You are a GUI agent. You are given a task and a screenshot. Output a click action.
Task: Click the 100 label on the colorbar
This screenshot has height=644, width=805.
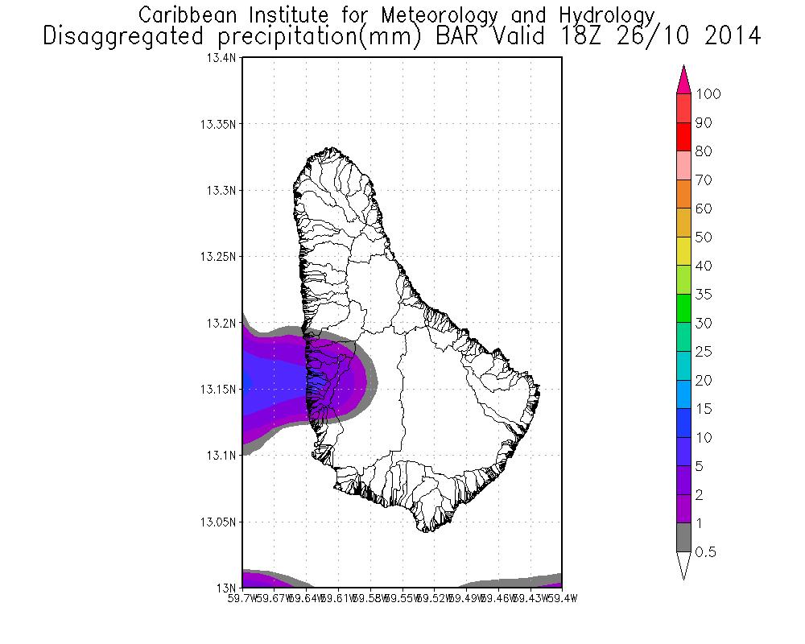(x=708, y=94)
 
